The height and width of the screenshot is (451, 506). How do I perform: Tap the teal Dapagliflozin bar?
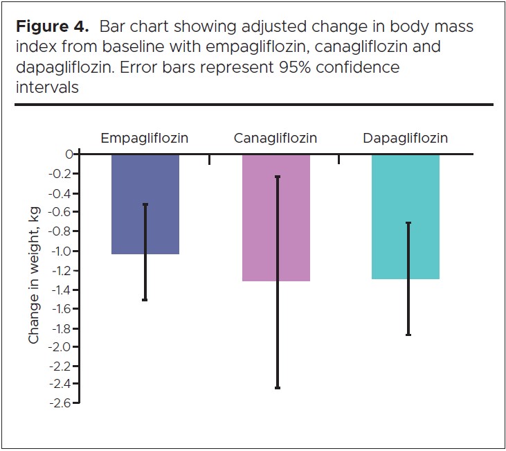click(406, 216)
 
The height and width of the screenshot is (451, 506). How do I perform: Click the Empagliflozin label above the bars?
click(145, 138)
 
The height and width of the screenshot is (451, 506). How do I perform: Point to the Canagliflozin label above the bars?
click(275, 138)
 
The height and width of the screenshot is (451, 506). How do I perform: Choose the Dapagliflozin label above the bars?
click(405, 138)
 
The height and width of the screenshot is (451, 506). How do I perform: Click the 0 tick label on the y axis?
click(69, 154)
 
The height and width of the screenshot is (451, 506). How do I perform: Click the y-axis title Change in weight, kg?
click(34, 275)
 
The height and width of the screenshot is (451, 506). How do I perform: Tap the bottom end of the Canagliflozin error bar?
click(277, 388)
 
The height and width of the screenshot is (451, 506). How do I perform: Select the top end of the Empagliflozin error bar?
click(145, 204)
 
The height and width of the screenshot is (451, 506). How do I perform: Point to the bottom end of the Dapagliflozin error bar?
click(408, 335)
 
